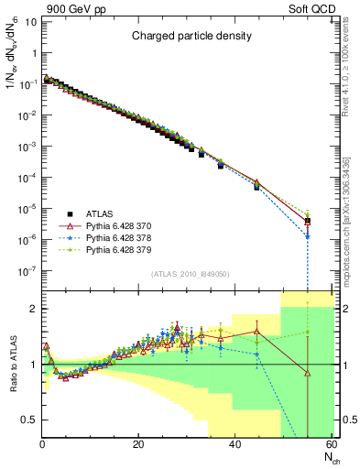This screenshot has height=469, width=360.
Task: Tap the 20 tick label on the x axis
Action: [x=137, y=445]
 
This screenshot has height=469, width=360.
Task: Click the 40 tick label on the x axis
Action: [x=235, y=445]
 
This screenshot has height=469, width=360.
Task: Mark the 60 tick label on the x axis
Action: [x=331, y=445]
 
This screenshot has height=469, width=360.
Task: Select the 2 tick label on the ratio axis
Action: [x=33, y=309]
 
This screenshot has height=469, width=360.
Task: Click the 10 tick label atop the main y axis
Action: [x=29, y=21]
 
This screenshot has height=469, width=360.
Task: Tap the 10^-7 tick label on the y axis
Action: [x=27, y=271]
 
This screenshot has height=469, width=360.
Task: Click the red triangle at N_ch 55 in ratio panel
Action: [x=308, y=372]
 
